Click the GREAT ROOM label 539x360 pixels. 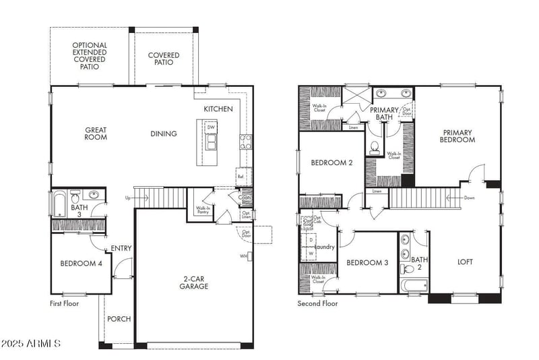tap(97, 134)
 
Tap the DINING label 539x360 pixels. tap(164, 133)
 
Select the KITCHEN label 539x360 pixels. tap(218, 109)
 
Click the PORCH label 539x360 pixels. tap(119, 319)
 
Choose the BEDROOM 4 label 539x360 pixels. tap(81, 264)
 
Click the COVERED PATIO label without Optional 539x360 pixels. tap(160, 59)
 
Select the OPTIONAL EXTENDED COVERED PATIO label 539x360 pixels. tap(90, 56)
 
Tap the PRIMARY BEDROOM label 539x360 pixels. tap(458, 136)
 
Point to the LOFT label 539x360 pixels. tap(466, 262)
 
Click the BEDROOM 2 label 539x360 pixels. tap(331, 162)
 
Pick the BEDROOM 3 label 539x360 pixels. tap(367, 262)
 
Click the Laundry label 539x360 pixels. tap(325, 247)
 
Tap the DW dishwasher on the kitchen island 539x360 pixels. tap(211, 127)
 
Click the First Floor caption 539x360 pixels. tap(65, 304)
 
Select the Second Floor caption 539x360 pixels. tap(318, 304)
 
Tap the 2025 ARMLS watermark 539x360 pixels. tap(32, 344)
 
